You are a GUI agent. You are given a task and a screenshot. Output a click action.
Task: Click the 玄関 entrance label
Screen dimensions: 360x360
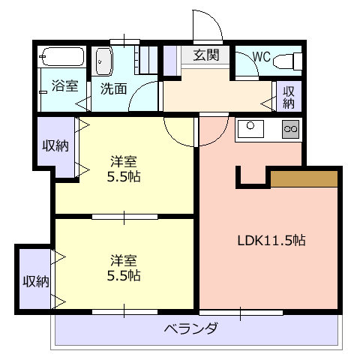coord(206,55)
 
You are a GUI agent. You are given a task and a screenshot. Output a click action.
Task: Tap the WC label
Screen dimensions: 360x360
coord(262,57)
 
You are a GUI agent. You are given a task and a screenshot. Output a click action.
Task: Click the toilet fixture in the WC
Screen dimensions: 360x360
coord(288,61)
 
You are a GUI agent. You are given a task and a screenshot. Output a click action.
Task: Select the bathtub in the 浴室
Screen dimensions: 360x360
coord(62,56)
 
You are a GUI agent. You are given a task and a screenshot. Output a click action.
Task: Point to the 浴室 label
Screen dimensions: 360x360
coord(64,85)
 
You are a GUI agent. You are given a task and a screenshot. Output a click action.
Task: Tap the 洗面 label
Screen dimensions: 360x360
coord(113,88)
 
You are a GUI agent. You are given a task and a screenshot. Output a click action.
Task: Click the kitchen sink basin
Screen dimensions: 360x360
coord(250,129)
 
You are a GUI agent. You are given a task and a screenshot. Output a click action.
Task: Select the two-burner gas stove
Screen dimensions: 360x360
coord(290,129)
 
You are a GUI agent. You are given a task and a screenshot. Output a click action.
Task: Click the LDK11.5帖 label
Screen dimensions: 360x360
coord(271,241)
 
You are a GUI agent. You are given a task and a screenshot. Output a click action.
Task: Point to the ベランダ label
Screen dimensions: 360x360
coord(190,328)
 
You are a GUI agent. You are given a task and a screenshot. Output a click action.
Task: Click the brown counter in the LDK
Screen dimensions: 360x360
coord(304,178)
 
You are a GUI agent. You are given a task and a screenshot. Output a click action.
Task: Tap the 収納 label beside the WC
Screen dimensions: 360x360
coord(289,97)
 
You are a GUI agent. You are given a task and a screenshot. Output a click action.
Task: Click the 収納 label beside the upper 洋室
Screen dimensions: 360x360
coord(55,145)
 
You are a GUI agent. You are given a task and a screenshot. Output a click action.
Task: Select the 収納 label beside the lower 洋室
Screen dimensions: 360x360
coord(36,281)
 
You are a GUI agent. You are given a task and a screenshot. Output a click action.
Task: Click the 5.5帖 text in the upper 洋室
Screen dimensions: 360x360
coord(124,177)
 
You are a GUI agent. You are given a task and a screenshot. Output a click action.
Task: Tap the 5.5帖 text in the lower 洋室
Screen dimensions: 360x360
coord(124,275)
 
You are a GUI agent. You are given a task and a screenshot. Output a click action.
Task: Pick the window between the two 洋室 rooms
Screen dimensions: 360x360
coord(124,217)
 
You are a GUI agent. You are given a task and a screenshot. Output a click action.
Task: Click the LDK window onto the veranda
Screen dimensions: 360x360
coord(241,313)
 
